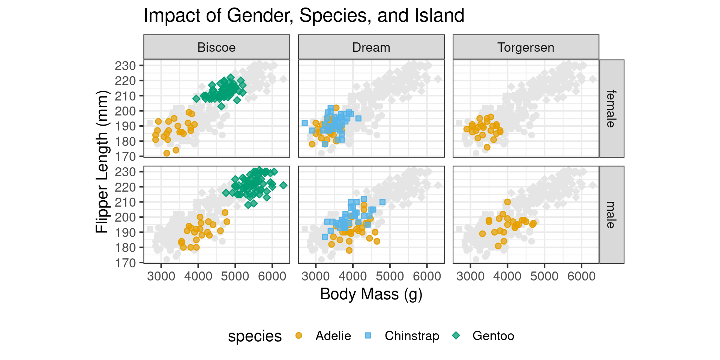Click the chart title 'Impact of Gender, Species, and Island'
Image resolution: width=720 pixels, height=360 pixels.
304,16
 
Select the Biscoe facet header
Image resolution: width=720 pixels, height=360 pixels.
217,47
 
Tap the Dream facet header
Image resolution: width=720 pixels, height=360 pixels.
371,47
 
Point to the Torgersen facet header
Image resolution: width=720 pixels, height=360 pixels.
526,47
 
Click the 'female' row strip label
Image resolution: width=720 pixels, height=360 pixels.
612,108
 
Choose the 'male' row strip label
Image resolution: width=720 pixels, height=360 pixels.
612,215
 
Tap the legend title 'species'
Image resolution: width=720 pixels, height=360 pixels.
255,336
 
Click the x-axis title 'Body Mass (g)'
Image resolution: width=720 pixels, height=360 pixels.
371,294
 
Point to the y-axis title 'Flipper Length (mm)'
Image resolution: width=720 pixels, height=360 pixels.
102,162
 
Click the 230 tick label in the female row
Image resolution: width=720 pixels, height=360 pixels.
125,66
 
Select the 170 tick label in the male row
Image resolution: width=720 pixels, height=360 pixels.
125,263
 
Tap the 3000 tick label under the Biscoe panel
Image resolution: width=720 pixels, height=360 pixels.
161,276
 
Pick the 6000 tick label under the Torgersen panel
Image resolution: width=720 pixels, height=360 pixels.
582,276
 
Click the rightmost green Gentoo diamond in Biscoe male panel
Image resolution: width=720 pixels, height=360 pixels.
283,185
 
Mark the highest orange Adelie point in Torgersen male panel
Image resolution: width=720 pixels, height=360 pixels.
507,202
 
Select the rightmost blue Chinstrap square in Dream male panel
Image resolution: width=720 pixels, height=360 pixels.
382,202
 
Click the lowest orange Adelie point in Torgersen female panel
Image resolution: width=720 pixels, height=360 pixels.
487,147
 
